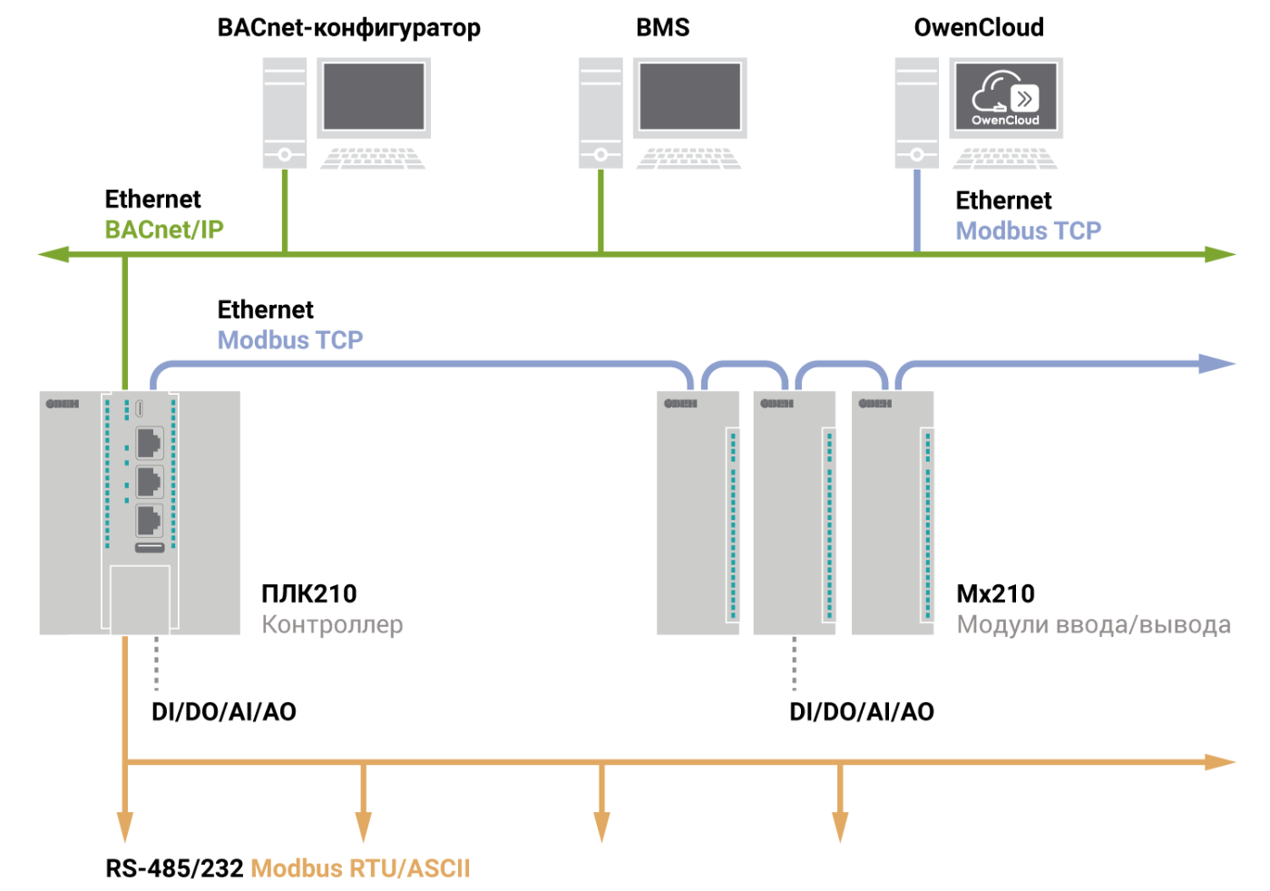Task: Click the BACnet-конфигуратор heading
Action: pos(348,28)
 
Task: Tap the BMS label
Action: pos(662,28)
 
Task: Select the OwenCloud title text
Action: pos(979,28)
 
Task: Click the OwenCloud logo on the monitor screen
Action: pos(1005,97)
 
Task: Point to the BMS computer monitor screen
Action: pos(690,96)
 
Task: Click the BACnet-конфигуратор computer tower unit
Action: pos(285,113)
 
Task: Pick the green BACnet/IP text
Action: pos(164,230)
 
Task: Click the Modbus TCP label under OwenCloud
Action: pos(1028,231)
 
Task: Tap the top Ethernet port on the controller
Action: pos(149,443)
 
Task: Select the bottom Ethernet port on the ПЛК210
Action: pos(149,520)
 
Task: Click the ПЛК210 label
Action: pos(309,594)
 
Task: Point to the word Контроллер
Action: pos(332,625)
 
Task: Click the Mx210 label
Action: pos(995,594)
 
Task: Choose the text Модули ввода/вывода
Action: pos(1093,625)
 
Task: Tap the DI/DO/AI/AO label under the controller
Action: pos(224,712)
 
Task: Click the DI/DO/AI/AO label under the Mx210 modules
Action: pos(861,712)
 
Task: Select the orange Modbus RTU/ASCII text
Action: pos(360,869)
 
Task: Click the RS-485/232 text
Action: pos(174,869)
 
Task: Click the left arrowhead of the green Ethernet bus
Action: pos(53,255)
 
